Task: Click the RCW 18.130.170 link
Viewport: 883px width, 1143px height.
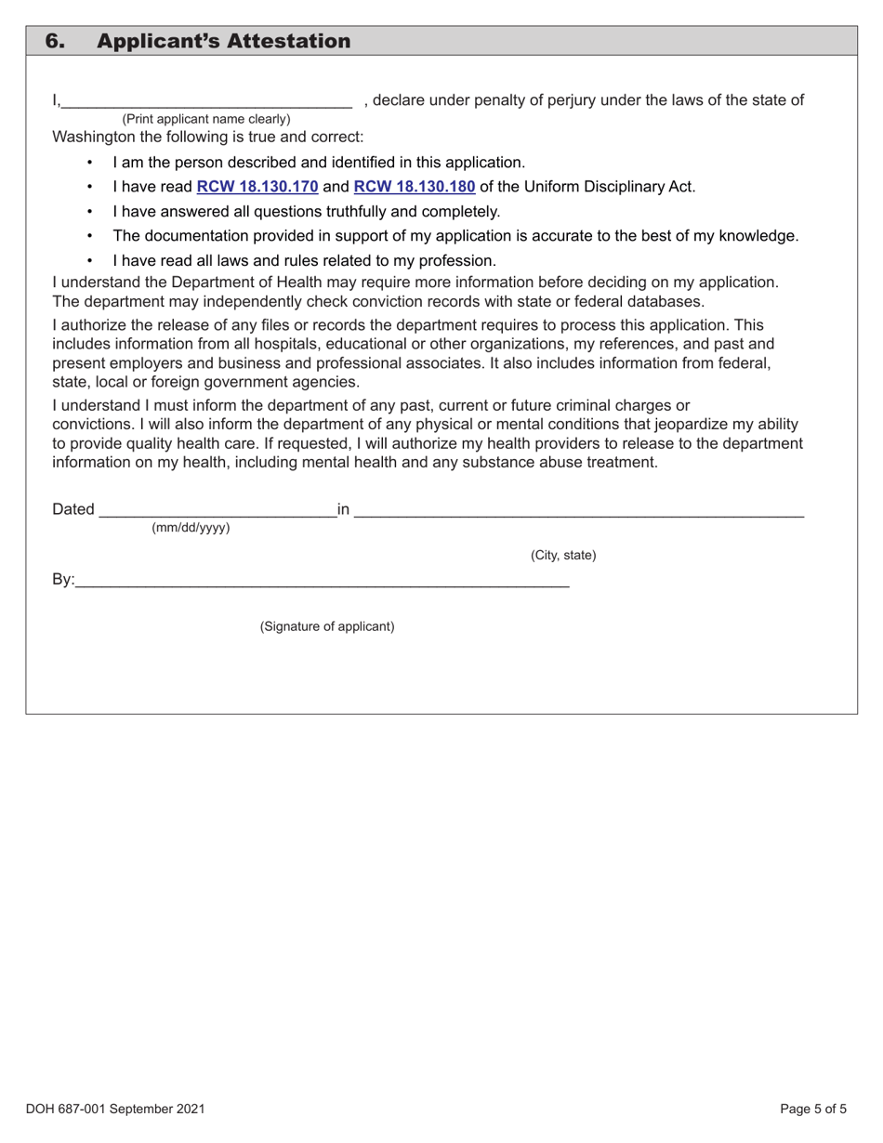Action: coord(257,187)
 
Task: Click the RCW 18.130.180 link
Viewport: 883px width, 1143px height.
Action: coord(415,187)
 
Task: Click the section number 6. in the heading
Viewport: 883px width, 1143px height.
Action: coord(56,41)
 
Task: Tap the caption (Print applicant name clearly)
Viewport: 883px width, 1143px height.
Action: coord(205,119)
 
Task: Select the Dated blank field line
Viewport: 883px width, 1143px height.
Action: coord(217,510)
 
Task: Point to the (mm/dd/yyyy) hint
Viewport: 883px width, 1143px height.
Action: coord(191,528)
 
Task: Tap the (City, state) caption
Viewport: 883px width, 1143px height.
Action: coord(563,556)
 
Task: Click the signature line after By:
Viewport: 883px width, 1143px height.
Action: coord(322,582)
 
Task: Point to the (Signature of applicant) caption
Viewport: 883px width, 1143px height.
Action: coord(326,626)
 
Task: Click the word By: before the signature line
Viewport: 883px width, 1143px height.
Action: coord(63,580)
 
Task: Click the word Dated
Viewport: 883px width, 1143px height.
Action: coord(73,509)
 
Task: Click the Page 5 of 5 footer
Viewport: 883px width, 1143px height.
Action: coord(813,1109)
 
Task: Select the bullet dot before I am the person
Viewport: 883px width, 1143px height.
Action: coord(89,163)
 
